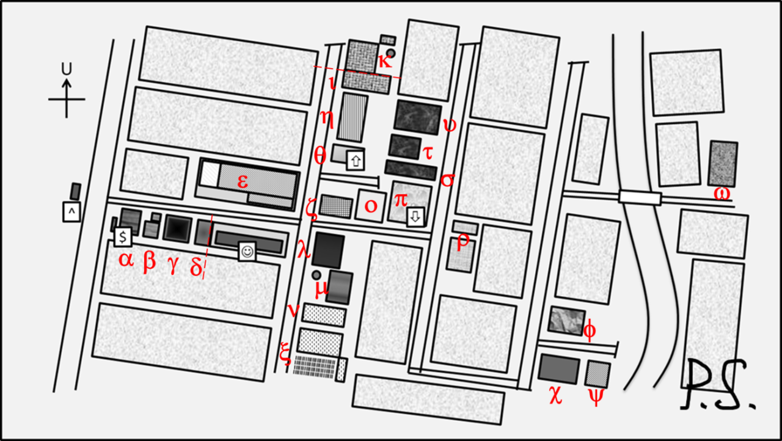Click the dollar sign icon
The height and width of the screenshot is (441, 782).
(123, 236)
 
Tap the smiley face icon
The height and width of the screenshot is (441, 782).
(247, 251)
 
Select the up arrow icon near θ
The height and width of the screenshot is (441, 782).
(356, 161)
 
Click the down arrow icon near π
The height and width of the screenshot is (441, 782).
(415, 217)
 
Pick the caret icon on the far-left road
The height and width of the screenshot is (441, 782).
(71, 212)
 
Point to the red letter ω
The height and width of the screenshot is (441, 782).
(722, 194)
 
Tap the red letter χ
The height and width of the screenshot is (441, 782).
(555, 396)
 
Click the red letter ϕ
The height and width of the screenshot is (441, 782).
(590, 330)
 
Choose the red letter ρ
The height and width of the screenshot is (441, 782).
(463, 240)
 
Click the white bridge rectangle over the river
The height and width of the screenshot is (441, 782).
(640, 197)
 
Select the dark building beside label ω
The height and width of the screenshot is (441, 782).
(722, 163)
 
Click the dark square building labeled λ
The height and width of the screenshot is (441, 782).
(328, 250)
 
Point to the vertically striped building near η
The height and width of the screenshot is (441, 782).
(353, 117)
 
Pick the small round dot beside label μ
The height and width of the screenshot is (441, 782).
(316, 275)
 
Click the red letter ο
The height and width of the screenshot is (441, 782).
(371, 206)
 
